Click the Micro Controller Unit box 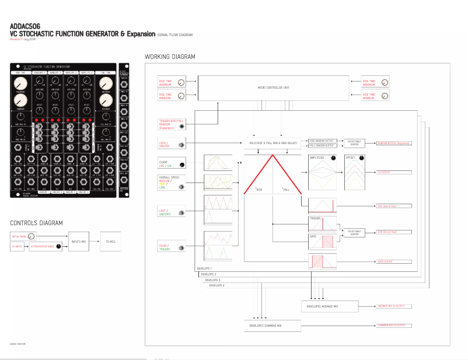(274, 88)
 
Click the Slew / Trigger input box (171, 246)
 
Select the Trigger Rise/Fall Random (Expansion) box (171, 124)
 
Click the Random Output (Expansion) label (394, 143)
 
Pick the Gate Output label (386, 261)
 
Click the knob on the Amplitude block (333, 158)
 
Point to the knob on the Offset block (362, 158)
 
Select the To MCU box (111, 240)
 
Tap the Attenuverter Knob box (47, 247)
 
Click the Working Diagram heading (170, 57)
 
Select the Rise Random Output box (321, 141)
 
